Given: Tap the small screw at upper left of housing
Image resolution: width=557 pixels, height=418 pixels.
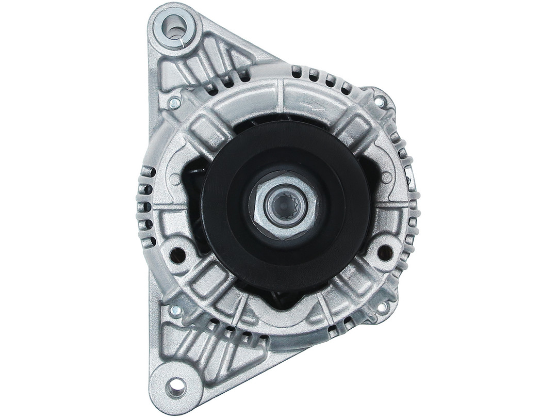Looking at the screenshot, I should [x=175, y=103].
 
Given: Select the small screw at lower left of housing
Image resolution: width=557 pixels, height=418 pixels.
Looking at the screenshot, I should [x=175, y=311].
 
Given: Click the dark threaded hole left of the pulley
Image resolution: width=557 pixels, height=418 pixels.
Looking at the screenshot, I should [x=177, y=253].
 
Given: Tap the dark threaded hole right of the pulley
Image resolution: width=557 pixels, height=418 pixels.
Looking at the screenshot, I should [x=385, y=252].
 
